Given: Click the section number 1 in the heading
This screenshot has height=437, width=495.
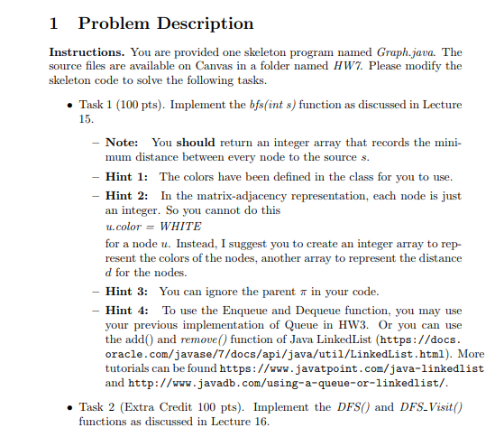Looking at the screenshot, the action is tap(55, 23).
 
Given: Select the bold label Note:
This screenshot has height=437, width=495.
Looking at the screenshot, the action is tap(122, 143).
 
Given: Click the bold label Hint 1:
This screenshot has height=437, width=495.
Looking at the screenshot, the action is tap(127, 176).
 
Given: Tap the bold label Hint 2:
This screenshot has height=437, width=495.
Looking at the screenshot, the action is tap(127, 195).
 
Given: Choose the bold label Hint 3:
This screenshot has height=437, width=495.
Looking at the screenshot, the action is tap(127, 291).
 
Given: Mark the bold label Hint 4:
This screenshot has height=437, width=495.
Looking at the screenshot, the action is tap(127, 310).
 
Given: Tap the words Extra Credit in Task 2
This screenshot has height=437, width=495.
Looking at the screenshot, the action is tap(159, 406).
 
